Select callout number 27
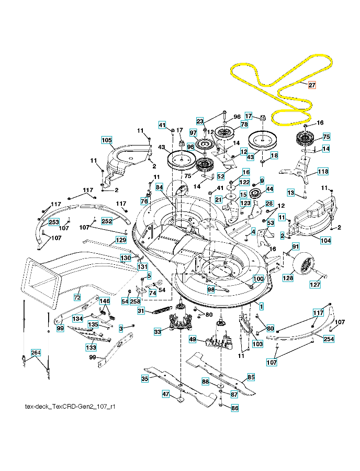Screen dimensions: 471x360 pos(312,85)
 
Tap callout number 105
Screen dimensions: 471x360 pos(107,140)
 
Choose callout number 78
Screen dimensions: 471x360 pos(244,125)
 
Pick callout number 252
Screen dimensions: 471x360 pos(107,221)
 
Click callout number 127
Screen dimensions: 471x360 pos(316,285)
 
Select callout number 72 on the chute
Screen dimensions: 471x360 pos(77,297)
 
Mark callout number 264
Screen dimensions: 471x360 pos(36,353)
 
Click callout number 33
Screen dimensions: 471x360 pos(157,331)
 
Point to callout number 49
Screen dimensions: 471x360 pos(193,340)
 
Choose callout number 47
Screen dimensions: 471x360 pos(166,395)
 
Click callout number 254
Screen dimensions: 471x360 pos(329,339)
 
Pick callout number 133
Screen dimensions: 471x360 pos(91,347)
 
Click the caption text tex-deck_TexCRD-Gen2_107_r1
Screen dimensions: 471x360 pos(70,406)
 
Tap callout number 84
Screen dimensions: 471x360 pos(159,187)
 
